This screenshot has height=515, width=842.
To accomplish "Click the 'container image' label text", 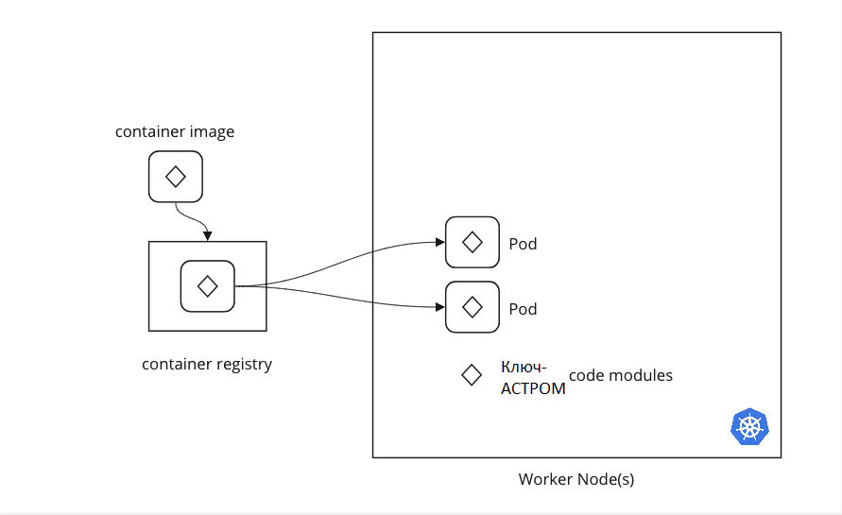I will [175, 131].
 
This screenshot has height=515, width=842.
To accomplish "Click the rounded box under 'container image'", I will [175, 177].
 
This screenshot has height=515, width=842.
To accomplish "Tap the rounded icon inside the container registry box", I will [207, 285].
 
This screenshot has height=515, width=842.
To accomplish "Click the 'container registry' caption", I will [207, 364].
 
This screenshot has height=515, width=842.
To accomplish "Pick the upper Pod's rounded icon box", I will [472, 242].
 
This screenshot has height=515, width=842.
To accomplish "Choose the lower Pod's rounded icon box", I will [472, 307].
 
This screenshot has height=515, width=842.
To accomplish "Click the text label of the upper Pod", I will [523, 244].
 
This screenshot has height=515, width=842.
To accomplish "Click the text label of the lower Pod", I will [523, 309].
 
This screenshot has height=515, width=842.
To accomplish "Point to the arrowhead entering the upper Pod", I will [439, 242].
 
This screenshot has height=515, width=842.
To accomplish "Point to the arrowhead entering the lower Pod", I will [439, 307].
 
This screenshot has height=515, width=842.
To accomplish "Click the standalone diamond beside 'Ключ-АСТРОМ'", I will [471, 375].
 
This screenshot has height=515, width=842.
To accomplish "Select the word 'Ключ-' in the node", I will [524, 368].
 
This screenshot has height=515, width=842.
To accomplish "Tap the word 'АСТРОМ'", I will [533, 387].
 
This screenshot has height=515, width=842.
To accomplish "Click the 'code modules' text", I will [621, 375].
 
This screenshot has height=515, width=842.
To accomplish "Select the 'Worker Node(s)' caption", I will [576, 479].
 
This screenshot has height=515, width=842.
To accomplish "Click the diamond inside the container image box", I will [175, 177].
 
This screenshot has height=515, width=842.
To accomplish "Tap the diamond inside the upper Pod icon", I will [472, 242].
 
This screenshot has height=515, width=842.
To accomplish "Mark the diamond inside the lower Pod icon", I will [472, 307].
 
